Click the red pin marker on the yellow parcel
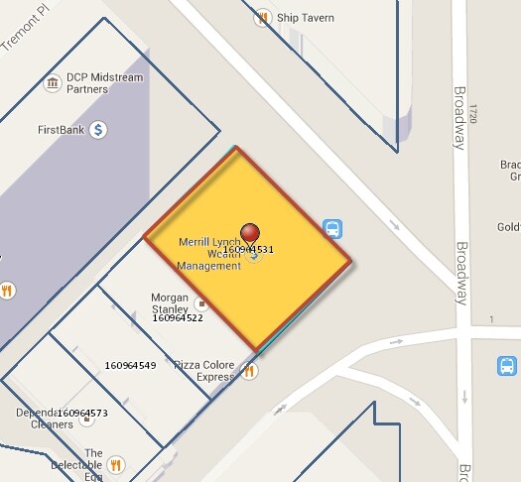(251, 233)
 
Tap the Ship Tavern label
(306, 18)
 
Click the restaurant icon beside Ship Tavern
(262, 17)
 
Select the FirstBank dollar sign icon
(98, 130)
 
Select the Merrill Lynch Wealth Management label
(209, 254)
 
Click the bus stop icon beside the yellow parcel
(333, 229)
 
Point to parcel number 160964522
(178, 318)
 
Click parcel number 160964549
(130, 366)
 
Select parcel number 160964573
(82, 412)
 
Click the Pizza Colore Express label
(204, 371)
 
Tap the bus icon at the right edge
(507, 366)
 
